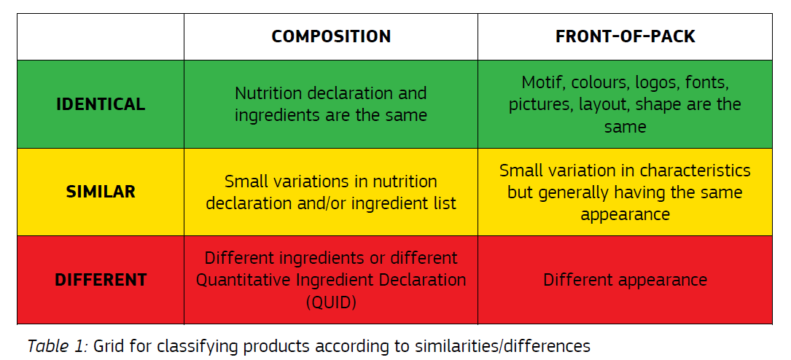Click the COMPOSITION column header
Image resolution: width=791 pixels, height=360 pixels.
[331, 36]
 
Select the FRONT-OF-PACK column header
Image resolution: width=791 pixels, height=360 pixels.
[625, 36]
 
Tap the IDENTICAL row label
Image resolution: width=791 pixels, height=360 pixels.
[101, 104]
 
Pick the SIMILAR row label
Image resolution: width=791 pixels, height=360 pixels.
[101, 192]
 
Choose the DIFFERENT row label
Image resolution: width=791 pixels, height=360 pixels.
[101, 280]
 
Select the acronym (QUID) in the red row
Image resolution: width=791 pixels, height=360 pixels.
[331, 302]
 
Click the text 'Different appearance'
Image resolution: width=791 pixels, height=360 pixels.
[625, 280]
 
